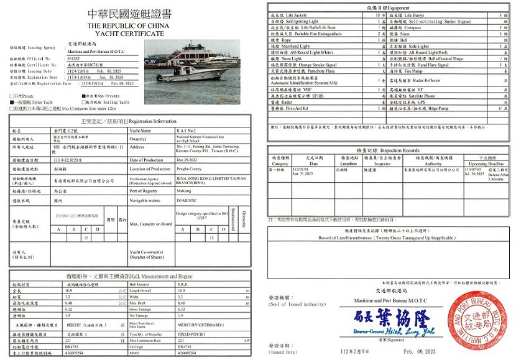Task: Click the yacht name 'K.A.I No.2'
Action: (187, 131)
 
